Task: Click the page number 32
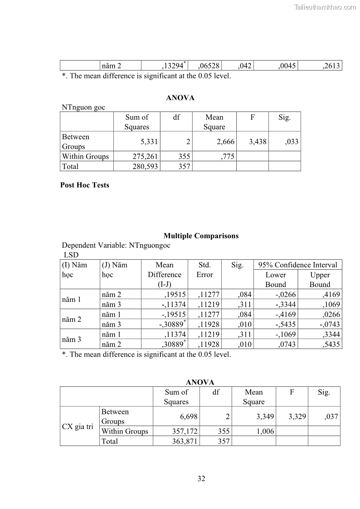coord(201,479)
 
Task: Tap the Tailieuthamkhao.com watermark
coord(325,7)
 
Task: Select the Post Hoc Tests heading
coord(85,185)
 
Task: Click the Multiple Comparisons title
coord(201,236)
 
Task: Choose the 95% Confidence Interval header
coord(298,265)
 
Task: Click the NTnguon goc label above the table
coord(83,107)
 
